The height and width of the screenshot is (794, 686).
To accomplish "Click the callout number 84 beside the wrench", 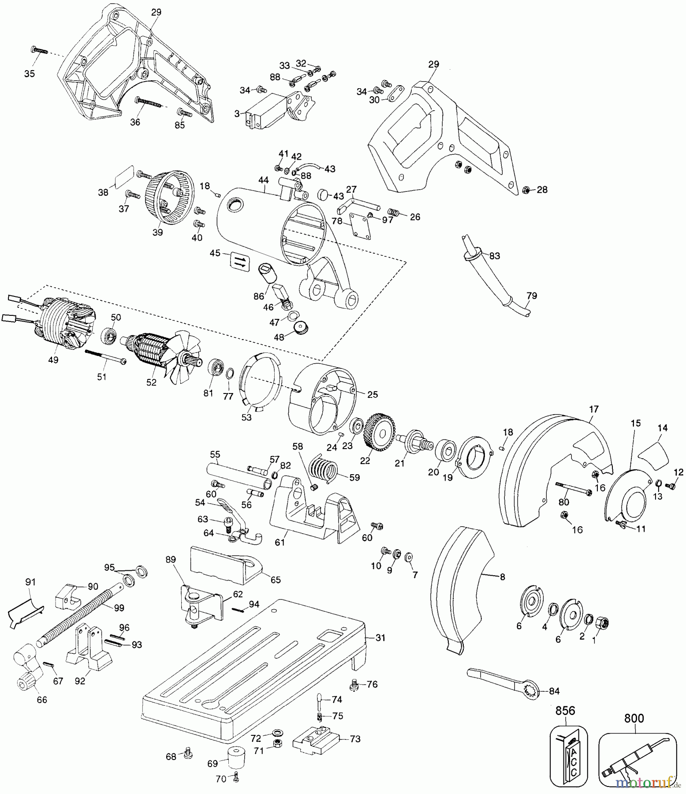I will point(554,691).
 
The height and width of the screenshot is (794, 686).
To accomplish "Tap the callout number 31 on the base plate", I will point(380,638).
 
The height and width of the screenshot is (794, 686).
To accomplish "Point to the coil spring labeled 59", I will point(324,468).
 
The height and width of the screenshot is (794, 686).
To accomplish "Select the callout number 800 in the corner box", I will point(634,718).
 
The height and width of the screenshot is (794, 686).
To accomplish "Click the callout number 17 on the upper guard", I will point(593,409).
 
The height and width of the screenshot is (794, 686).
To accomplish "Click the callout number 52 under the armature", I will point(151,382).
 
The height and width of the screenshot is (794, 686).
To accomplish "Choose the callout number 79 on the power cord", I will point(532,296).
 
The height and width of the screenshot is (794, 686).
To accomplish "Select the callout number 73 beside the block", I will point(355,739).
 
